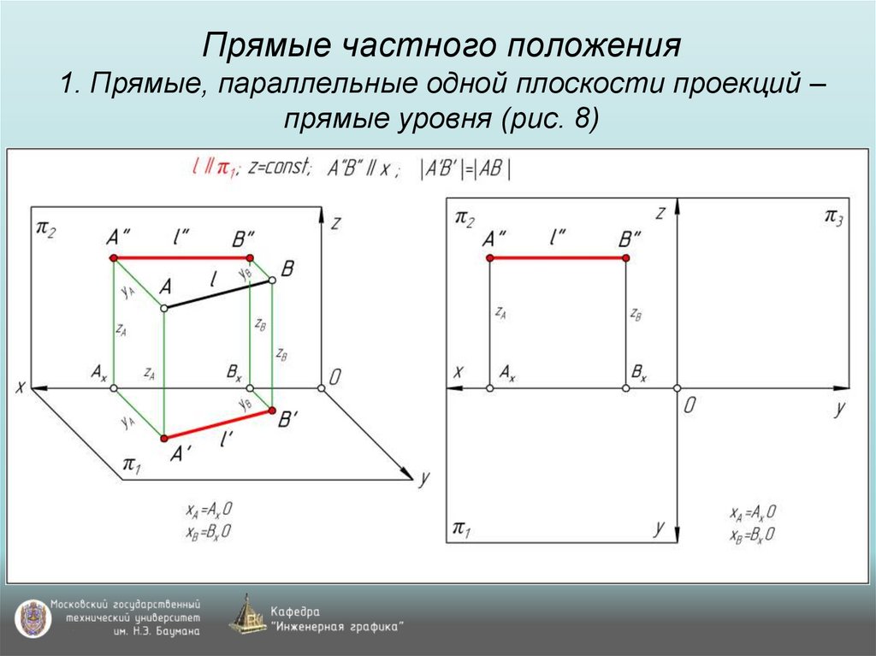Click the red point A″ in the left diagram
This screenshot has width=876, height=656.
pyautogui.click(x=114, y=257)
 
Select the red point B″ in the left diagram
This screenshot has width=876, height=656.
pyautogui.click(x=250, y=257)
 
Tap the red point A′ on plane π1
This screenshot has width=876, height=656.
pyautogui.click(x=163, y=438)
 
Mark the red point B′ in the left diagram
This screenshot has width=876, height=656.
pyautogui.click(x=272, y=412)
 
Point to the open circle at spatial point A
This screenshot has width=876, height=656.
pyautogui.click(x=163, y=306)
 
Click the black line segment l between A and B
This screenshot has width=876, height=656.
pyautogui.click(x=217, y=293)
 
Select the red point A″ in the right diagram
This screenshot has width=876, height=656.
pyautogui.click(x=489, y=257)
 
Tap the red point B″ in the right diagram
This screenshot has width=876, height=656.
pyautogui.click(x=625, y=257)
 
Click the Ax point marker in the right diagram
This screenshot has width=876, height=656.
pyautogui.click(x=489, y=388)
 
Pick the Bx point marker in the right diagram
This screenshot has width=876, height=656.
pyautogui.click(x=625, y=388)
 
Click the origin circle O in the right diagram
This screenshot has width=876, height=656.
pyautogui.click(x=677, y=388)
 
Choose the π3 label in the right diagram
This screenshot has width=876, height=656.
pyautogui.click(x=833, y=216)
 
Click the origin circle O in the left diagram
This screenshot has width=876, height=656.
pyautogui.click(x=322, y=388)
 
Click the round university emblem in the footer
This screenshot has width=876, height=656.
pyautogui.click(x=31, y=618)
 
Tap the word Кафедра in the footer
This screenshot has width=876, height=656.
pyautogui.click(x=295, y=612)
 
